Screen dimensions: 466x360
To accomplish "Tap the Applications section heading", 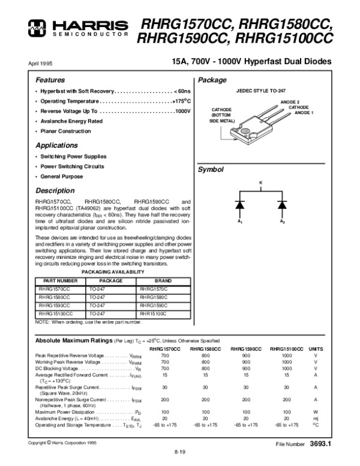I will point(56,146).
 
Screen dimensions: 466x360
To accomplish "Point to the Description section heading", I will point(55,191).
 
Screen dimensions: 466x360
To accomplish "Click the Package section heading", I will point(212,80).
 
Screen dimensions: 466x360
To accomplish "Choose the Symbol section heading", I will point(211,171).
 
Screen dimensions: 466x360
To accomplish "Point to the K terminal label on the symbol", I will point(260,181).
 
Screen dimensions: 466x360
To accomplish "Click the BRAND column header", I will point(163,280).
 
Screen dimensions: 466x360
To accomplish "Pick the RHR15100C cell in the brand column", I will point(154,313).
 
